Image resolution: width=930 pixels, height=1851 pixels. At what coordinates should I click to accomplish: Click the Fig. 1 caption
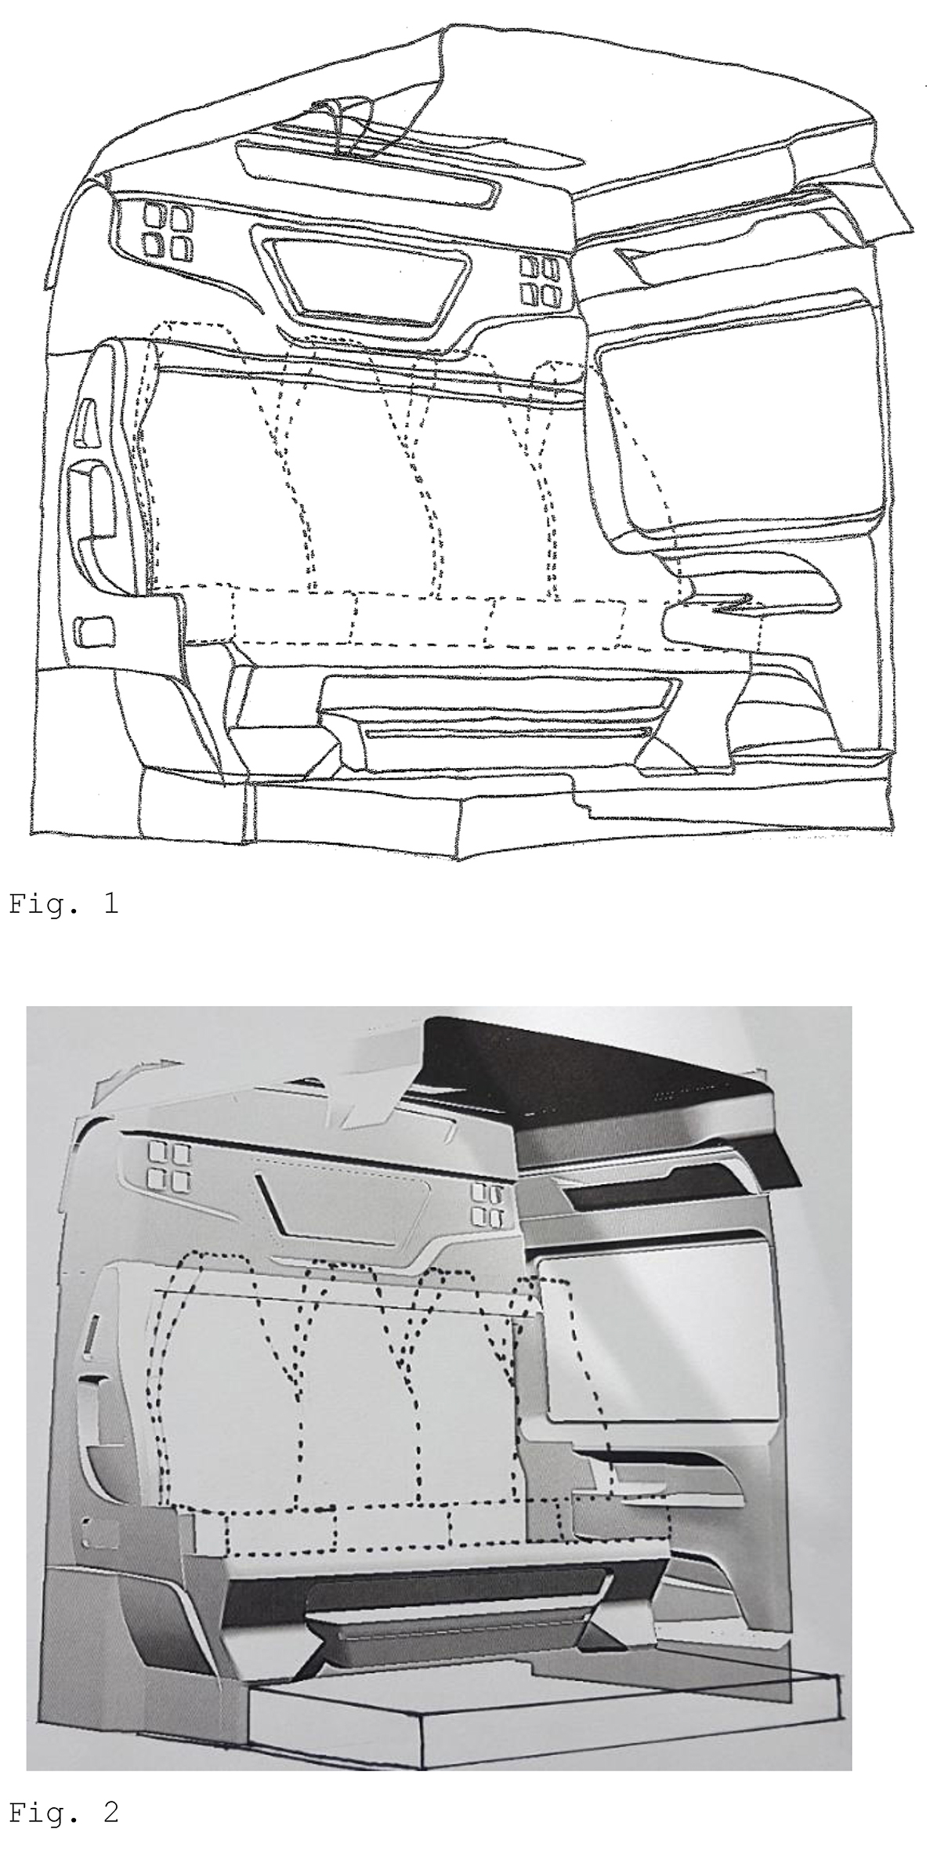click(x=63, y=904)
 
